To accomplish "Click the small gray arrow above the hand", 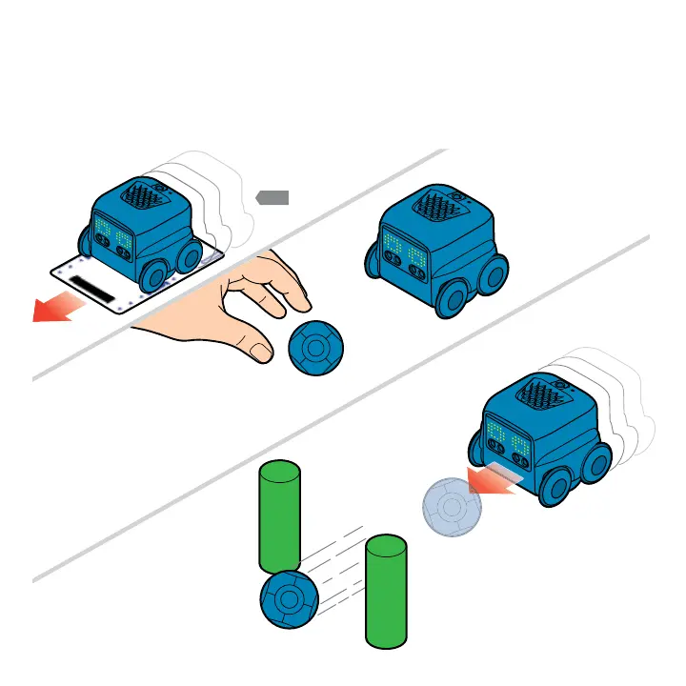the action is click(x=272, y=197).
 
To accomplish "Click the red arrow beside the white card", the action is click(x=55, y=309).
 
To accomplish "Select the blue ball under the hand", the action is click(x=313, y=349).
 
